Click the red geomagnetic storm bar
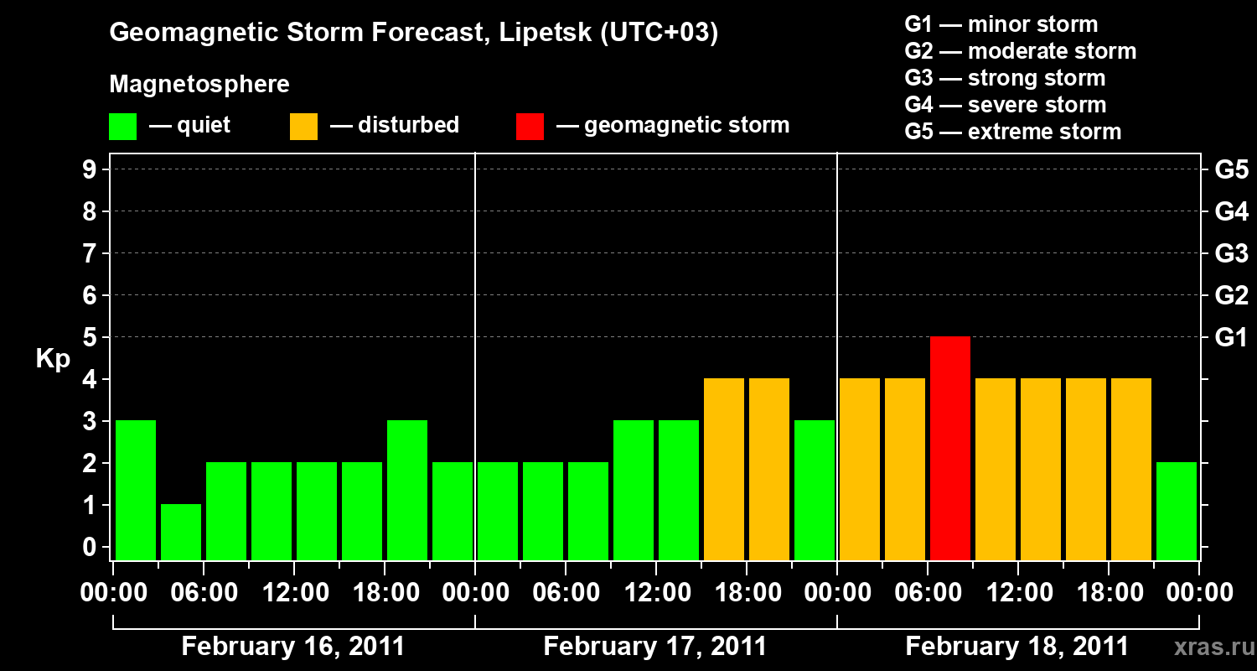[x=950, y=448]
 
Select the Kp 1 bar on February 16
[x=181, y=532]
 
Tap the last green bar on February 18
[x=1177, y=511]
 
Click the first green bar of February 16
[x=136, y=490]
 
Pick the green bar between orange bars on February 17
[x=815, y=490]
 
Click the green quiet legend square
[x=122, y=127]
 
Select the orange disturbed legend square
[x=303, y=127]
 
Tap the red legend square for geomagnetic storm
[x=530, y=127]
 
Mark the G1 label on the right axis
[x=1231, y=338]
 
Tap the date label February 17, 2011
[x=654, y=647]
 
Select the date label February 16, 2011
[x=292, y=647]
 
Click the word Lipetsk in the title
[x=544, y=34]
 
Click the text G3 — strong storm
[x=1005, y=78]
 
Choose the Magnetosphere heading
[x=199, y=85]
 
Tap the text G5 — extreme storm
[x=1012, y=132]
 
